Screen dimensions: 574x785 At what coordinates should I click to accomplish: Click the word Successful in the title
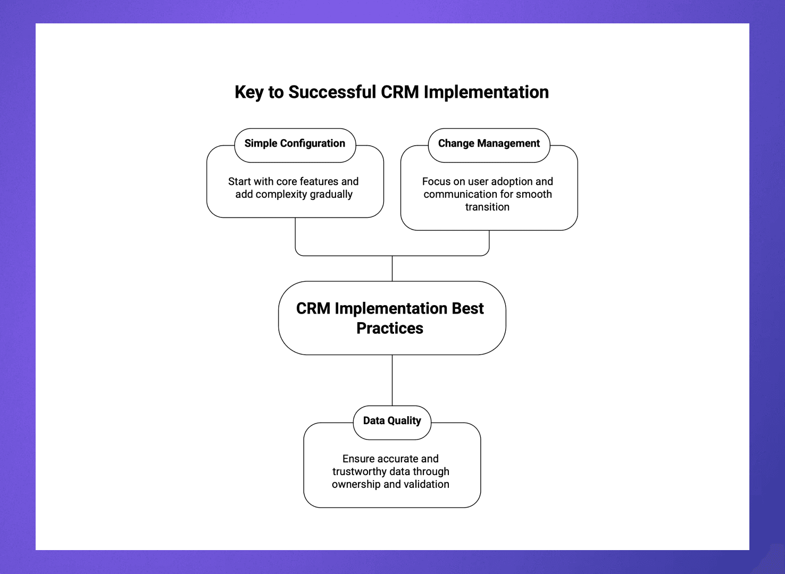(x=332, y=92)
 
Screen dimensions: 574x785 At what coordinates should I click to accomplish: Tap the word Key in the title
(x=249, y=92)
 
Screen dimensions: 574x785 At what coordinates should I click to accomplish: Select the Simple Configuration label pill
(x=295, y=144)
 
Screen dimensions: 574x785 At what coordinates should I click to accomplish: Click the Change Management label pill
(x=489, y=144)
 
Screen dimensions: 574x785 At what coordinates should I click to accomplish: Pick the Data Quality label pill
(x=392, y=421)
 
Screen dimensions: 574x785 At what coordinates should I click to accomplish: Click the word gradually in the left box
(x=331, y=195)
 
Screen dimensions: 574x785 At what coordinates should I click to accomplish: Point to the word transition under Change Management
(x=487, y=207)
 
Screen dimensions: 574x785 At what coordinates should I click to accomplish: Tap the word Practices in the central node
(x=390, y=328)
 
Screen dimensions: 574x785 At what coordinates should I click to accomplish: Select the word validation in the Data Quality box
(x=427, y=485)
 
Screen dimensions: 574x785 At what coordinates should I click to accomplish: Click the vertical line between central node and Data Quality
(x=392, y=380)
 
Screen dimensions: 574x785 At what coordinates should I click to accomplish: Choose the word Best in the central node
(x=467, y=309)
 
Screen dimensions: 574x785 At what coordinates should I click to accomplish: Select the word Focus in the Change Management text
(x=435, y=182)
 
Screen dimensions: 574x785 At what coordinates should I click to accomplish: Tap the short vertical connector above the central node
(x=392, y=268)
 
